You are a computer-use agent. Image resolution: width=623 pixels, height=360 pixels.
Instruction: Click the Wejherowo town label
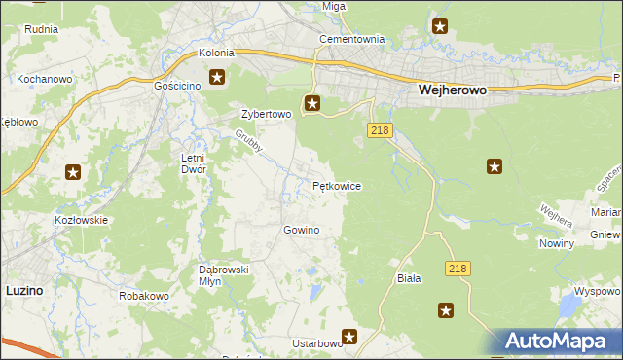pos(452,89)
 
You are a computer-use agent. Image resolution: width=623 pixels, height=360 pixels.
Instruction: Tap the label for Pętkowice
pos(337,185)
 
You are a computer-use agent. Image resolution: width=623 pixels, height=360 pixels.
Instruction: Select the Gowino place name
pos(301,230)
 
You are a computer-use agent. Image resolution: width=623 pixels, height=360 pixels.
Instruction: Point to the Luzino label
pos(23,290)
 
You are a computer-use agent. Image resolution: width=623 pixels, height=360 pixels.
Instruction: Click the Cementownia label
pos(352,40)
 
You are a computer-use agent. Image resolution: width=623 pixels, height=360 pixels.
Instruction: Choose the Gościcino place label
pos(176,86)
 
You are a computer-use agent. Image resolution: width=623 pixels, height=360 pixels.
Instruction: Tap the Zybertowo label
pos(267,114)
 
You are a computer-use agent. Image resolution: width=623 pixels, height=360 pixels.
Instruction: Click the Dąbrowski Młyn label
pos(226,274)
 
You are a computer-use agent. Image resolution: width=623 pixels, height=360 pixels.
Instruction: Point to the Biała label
pos(409,278)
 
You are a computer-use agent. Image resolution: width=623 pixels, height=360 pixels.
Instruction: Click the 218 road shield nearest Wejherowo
pos(381,130)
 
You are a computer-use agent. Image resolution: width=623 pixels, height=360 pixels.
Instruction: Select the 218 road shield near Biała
pos(458,268)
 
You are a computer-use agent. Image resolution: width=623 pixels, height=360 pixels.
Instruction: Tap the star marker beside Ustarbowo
pos(349,337)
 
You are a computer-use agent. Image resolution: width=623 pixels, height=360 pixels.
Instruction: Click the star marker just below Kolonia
pos(217,77)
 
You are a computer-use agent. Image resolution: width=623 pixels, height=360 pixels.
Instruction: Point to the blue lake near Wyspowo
pos(568,308)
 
